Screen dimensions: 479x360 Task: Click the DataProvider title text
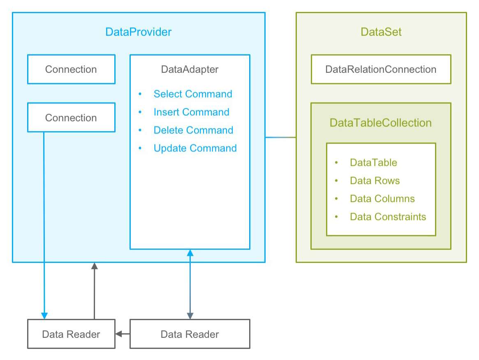coord(138,32)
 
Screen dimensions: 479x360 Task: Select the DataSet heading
coord(381,32)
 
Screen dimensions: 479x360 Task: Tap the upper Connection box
coord(71,69)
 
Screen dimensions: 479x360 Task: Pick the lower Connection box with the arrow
coord(71,118)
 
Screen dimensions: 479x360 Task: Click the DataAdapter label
coord(190,70)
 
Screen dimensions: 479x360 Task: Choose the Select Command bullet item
coord(192,94)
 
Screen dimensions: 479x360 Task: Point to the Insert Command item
coord(191,112)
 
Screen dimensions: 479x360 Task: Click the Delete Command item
coord(193,130)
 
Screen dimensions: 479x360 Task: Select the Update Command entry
coord(195,149)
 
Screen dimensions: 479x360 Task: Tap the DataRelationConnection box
coord(381,69)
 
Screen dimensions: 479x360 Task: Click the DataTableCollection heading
coord(381,123)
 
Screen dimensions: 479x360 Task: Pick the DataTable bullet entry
coord(373,163)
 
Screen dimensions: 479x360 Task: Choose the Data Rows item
coord(375,181)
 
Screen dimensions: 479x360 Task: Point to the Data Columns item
coord(382,199)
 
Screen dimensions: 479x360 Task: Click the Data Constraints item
coord(388,217)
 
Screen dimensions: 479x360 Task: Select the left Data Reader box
coord(71,334)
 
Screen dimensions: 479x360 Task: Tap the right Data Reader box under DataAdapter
coord(190,334)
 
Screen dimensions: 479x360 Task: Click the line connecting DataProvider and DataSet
coord(280,137)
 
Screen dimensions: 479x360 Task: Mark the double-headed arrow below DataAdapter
coord(190,284)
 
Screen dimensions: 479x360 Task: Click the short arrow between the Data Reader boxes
coord(123,334)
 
